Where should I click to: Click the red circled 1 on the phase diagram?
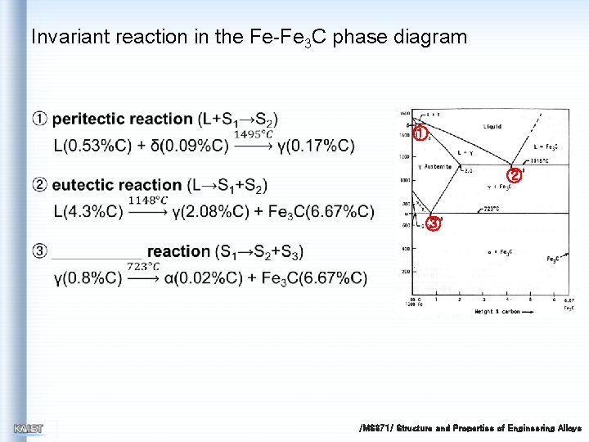420,133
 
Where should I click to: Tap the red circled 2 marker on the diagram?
513,174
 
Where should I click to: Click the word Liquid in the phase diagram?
492,127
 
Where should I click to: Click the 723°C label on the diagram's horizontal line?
491,209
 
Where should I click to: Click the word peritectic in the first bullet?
100,120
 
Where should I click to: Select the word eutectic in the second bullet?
92,185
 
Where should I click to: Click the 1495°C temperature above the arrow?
254,134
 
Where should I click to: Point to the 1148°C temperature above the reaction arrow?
148,200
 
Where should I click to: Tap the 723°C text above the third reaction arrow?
143,266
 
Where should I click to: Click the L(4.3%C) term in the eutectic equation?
88,213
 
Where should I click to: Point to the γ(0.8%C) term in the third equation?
88,278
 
